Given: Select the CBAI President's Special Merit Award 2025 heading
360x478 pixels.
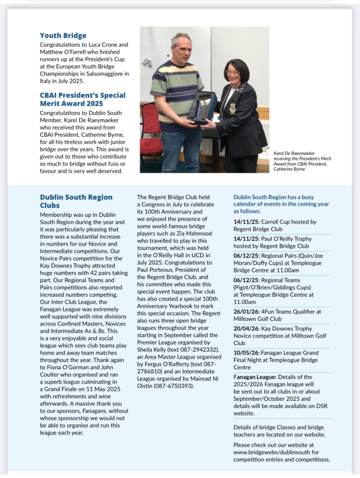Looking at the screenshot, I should coord(82,99).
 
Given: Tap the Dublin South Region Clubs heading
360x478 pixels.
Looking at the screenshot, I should coord(76,201).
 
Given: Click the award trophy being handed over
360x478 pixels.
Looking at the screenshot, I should coord(203,106).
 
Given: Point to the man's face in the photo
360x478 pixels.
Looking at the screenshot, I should coord(181,48).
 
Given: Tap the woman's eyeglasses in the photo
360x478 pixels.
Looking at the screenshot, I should coord(233,72).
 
